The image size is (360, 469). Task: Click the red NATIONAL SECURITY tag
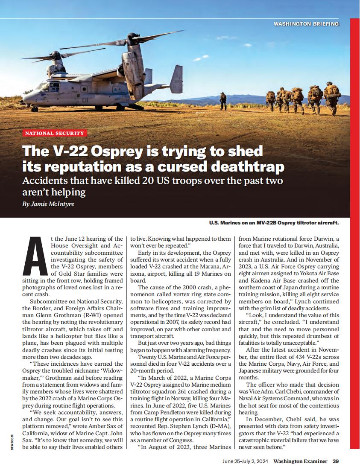tap(56, 133)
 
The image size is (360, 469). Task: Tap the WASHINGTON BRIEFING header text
tap(307, 24)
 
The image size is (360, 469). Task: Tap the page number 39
tap(336, 461)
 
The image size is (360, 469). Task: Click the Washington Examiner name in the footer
tap(300, 461)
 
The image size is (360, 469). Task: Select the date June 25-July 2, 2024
tap(246, 461)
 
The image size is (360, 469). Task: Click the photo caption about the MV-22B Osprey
tap(274, 223)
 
